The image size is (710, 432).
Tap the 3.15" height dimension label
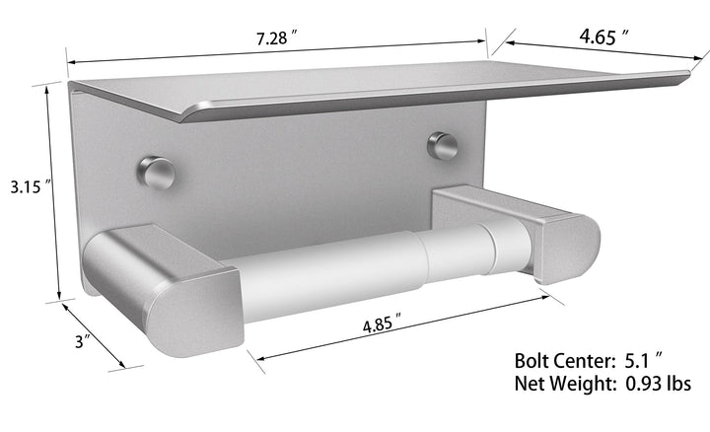tap(25, 185)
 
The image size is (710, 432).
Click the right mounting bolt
tap(441, 146)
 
